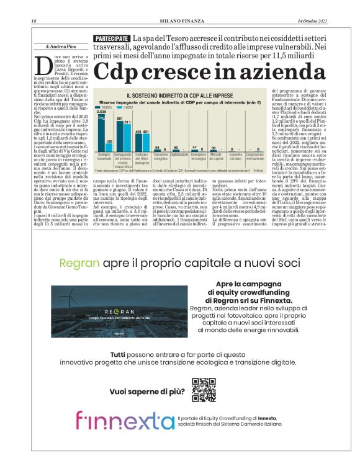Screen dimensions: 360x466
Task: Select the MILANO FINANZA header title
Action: point(180,23)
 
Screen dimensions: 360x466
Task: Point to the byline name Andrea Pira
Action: point(63,47)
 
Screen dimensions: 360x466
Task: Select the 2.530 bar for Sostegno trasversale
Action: point(102,130)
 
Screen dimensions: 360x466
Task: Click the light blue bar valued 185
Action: point(109,146)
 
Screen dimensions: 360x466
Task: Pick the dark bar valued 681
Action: point(120,134)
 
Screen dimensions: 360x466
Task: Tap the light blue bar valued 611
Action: point(127,137)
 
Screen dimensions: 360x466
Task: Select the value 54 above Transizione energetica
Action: point(158,148)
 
